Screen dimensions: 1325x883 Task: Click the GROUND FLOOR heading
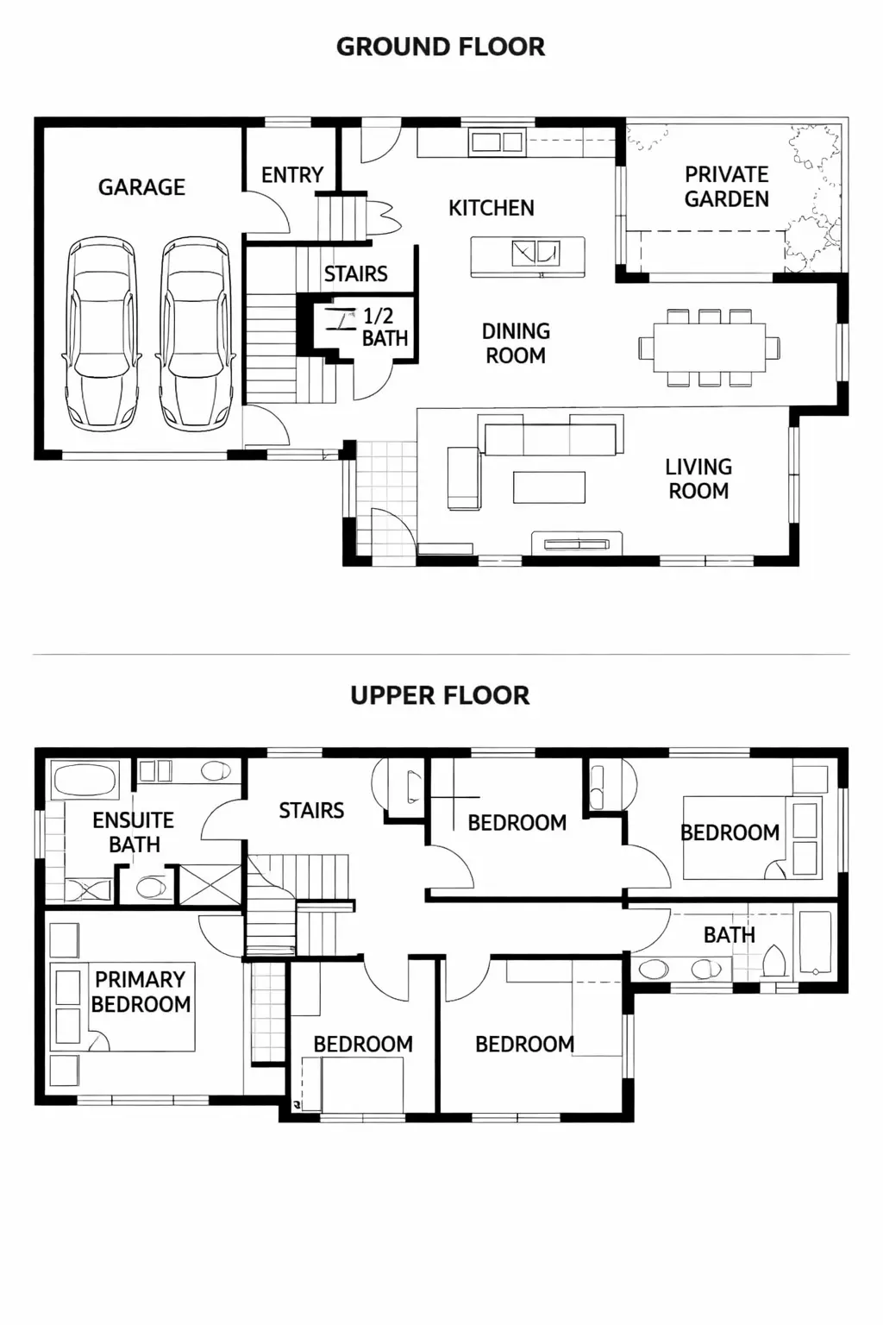[x=440, y=47]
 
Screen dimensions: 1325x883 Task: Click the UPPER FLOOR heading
[x=440, y=695]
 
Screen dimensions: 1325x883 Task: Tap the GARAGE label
[x=141, y=187]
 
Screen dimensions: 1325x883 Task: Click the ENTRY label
[x=292, y=175]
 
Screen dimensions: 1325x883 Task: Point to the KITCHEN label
[x=491, y=208]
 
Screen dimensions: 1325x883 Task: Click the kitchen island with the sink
[x=528, y=256]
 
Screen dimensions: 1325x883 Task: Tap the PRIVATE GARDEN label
[x=726, y=187]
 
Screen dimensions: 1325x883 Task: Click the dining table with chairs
[x=710, y=347]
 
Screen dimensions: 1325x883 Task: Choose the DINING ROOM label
[x=516, y=343]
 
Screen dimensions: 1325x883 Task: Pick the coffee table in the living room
[x=549, y=487]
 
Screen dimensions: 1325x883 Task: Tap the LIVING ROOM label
[x=698, y=479]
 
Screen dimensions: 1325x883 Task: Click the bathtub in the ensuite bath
[x=85, y=782]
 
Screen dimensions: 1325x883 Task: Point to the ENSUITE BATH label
[x=134, y=832]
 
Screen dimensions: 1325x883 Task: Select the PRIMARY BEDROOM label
[x=141, y=992]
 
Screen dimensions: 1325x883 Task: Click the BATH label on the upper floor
[x=729, y=935]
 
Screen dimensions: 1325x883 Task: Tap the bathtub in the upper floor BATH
[x=815, y=942]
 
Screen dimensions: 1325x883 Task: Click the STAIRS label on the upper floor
[x=311, y=811]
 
